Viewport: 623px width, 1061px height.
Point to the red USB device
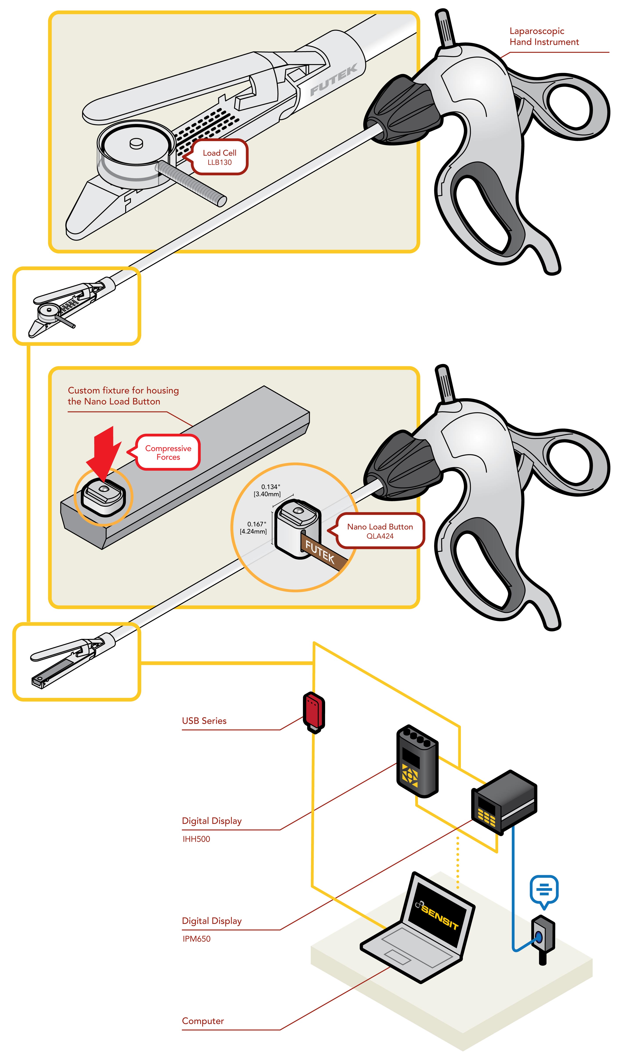314,711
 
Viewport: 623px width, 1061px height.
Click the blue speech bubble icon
544,890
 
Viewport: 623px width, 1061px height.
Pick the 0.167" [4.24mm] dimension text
254,528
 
